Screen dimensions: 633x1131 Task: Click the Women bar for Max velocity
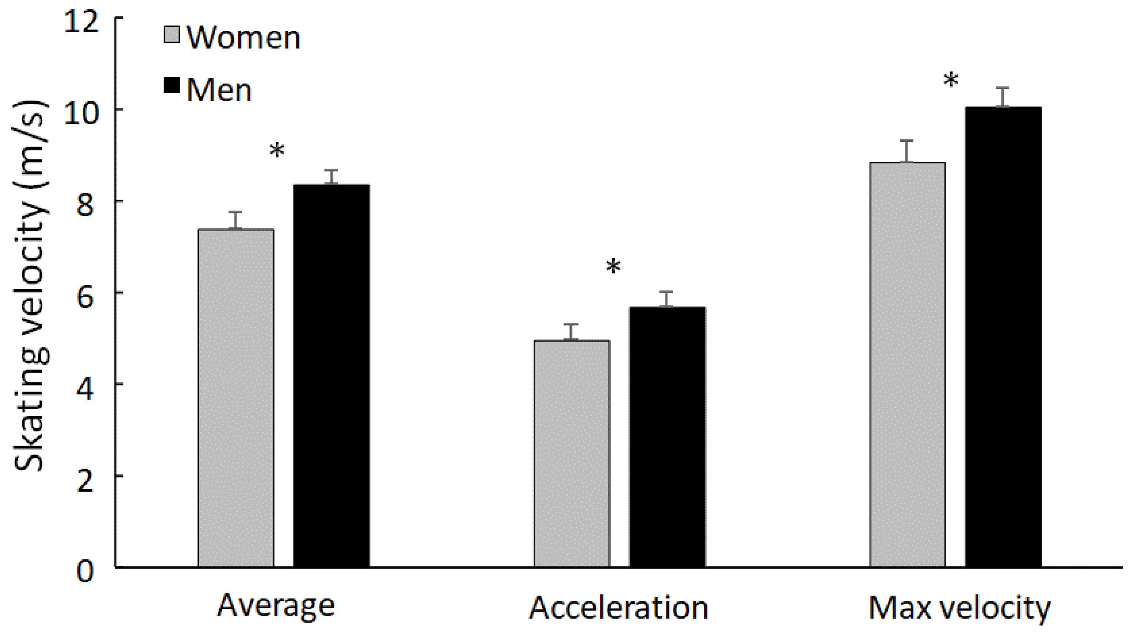(907, 365)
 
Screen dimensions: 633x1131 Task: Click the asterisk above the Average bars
(277, 151)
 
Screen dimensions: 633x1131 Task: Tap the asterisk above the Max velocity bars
(950, 81)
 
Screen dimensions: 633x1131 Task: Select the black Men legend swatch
(172, 85)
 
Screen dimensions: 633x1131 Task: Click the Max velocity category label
(959, 609)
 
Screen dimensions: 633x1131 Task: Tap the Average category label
(276, 607)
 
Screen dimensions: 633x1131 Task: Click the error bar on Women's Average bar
(236, 220)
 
